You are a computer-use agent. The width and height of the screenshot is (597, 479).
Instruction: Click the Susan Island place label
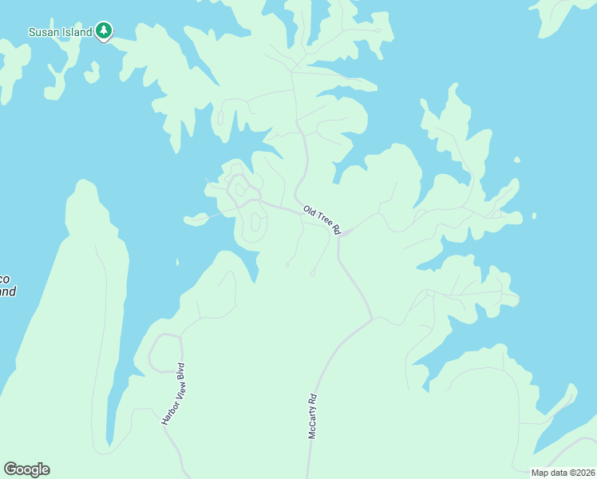point(60,32)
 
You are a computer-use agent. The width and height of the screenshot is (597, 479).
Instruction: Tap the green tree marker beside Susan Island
point(104,31)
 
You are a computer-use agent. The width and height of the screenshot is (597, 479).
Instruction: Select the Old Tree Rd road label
point(322,220)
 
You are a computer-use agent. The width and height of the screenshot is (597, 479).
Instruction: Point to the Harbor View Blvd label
point(173,394)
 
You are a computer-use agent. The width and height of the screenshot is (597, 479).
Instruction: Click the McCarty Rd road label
point(313,415)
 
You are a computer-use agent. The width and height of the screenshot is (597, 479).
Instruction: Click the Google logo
point(26,469)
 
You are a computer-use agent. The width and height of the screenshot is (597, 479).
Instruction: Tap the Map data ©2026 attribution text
point(563,473)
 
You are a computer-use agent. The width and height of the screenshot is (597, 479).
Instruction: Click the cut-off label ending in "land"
point(6,291)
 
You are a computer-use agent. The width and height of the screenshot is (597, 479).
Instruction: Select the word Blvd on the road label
point(180,371)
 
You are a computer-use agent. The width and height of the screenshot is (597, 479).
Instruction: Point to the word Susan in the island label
point(43,32)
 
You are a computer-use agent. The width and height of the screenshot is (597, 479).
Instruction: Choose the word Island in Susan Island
point(77,32)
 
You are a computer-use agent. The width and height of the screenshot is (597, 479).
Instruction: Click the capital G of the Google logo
point(10,469)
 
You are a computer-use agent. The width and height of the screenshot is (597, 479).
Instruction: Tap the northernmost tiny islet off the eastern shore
point(517,160)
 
